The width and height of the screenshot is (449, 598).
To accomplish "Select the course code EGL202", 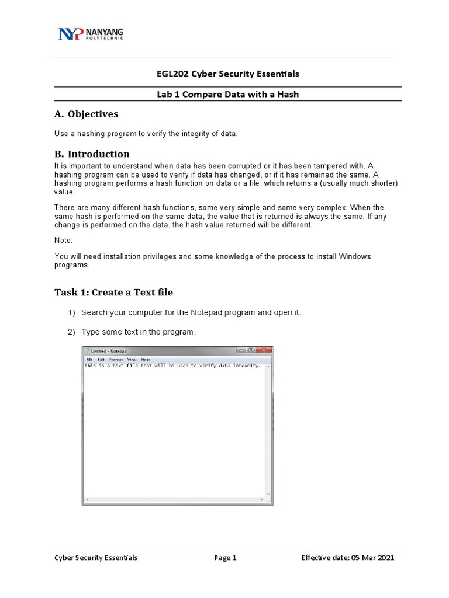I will click(171, 74).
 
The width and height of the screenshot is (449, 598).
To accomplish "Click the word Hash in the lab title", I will click(287, 94).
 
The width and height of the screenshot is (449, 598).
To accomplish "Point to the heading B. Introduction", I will click(92, 154).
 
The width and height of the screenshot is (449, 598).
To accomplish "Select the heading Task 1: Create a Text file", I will click(113, 292).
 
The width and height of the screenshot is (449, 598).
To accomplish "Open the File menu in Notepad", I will click(89, 359).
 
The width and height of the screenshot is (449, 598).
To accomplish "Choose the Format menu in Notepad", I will click(116, 359).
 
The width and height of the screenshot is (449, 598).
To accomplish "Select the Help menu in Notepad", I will click(145, 359).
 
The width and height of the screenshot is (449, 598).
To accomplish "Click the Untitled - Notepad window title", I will click(108, 351).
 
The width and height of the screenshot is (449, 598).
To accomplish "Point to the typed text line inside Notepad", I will click(172, 366).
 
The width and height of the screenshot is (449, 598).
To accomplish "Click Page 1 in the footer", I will click(225, 558).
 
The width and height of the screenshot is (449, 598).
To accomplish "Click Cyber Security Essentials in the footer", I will click(96, 558).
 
